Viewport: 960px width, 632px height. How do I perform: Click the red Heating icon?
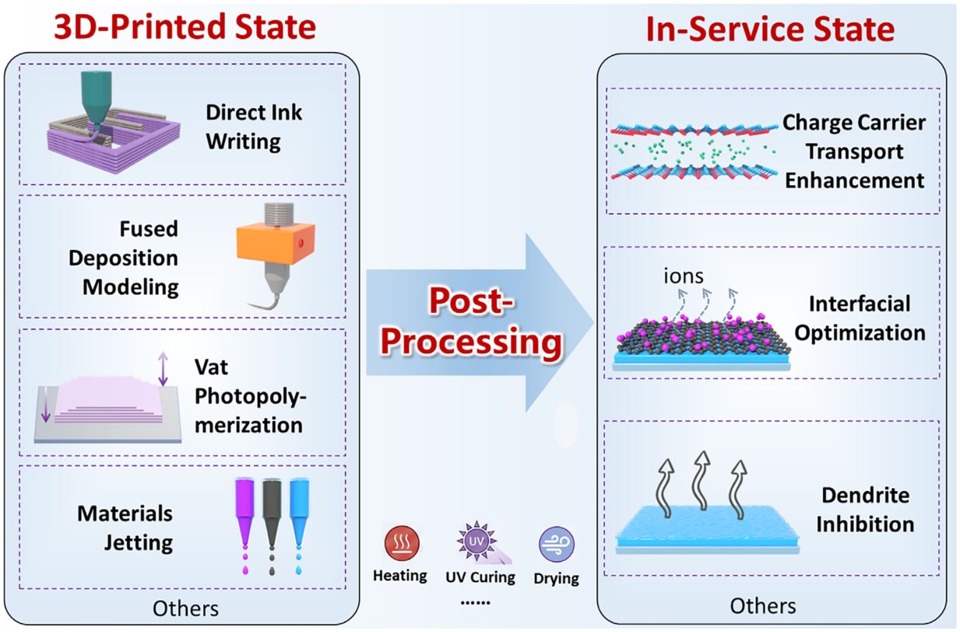(402, 543)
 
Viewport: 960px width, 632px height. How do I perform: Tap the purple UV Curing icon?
(476, 541)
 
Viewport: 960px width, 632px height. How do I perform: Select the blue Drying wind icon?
(556, 544)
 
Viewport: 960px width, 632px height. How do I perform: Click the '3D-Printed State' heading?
(185, 27)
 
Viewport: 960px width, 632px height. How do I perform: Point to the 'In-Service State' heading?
(770, 29)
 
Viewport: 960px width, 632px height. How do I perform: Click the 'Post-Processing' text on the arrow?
(471, 321)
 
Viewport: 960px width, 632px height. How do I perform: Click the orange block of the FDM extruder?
(275, 244)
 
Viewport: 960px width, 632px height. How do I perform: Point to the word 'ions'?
(683, 276)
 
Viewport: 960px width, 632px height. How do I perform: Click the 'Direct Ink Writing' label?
(254, 127)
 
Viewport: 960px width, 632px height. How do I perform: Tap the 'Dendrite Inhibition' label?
(865, 510)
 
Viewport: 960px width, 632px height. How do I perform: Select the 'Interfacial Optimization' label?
(860, 318)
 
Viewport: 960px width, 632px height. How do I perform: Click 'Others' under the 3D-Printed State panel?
(185, 609)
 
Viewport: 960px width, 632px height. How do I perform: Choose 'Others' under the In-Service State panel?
(763, 606)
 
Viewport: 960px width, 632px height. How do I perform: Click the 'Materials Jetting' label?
(125, 528)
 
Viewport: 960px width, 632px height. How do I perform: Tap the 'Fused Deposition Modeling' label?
(124, 258)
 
